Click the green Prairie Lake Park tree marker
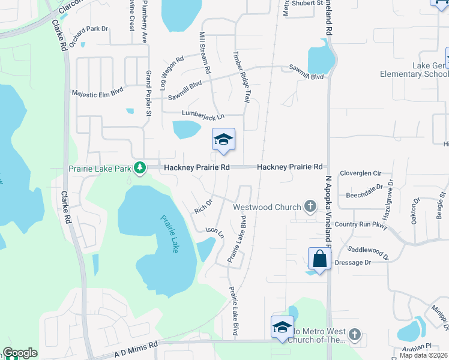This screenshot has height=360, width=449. coord(139,167)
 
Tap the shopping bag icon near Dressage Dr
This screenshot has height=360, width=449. coord(319,259)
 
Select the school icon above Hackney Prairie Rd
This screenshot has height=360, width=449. coord(223,140)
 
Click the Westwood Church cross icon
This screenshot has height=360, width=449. coord(310,207)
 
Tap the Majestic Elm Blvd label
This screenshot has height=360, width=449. coord(97,93)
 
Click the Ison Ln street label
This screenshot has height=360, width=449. coord(214,231)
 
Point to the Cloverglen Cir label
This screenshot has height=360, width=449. coord(361,173)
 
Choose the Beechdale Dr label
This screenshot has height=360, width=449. coord(364,195)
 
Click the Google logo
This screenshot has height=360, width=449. coord(20,353)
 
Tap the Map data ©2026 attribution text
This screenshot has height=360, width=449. coord(424,355)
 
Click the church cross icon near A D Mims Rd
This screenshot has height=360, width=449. coord(354,334)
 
